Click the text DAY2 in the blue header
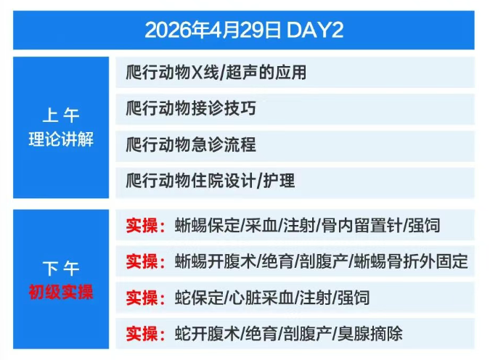pyautogui.click(x=314, y=30)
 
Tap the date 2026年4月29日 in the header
pyautogui.click(x=213, y=30)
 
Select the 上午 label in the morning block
pyautogui.click(x=61, y=115)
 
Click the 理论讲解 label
pyautogui.click(x=61, y=139)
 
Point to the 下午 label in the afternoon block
pyautogui.click(x=61, y=268)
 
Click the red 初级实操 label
pyautogui.click(x=61, y=292)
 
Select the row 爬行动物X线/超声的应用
pyautogui.click(x=216, y=72)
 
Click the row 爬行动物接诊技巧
pyautogui.click(x=191, y=108)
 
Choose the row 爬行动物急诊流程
pyautogui.click(x=191, y=144)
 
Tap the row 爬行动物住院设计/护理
pyautogui.click(x=211, y=181)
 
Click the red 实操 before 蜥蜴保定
pyautogui.click(x=142, y=225)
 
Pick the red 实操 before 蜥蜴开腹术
pyautogui.click(x=142, y=261)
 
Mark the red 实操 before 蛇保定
pyautogui.click(x=142, y=298)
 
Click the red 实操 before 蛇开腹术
pyautogui.click(x=142, y=334)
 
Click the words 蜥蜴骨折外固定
pyautogui.click(x=411, y=261)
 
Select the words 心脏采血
pyautogui.click(x=262, y=298)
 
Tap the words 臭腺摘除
pyautogui.click(x=370, y=334)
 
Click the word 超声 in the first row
pyautogui.click(x=242, y=72)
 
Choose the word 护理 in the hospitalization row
pyautogui.click(x=279, y=181)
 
